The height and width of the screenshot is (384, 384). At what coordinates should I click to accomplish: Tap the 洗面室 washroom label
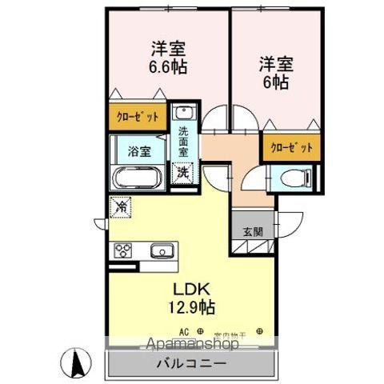coord(184,141)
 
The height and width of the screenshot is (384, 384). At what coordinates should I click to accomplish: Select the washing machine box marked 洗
coord(183,171)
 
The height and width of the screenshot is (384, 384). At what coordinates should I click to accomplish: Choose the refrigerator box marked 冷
coord(121,206)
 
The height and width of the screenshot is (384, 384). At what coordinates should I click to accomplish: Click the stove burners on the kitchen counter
coord(124,250)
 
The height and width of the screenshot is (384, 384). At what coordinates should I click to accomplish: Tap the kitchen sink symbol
coord(162,250)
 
